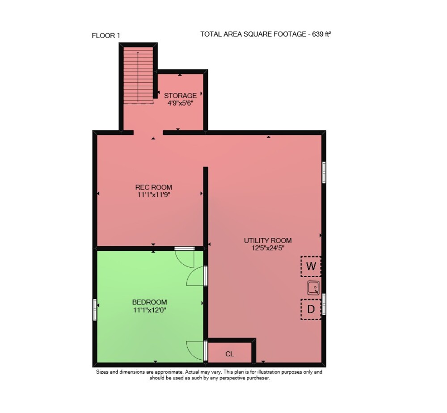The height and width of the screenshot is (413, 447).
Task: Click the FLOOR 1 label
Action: click(106, 36)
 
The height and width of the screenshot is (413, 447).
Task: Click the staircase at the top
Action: click(138, 75)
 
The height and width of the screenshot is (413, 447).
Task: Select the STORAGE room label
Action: click(180, 96)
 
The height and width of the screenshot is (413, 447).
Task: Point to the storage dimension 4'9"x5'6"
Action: click(181, 103)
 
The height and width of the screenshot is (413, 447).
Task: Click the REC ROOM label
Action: click(154, 187)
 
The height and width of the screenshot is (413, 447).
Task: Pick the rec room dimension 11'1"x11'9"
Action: click(154, 195)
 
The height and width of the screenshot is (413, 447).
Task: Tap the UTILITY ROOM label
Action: click(268, 240)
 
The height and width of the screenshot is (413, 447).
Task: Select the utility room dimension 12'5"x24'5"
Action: click(268, 248)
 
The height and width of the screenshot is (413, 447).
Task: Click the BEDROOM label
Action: click(149, 302)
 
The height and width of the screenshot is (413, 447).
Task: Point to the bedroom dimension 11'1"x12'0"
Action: click(150, 310)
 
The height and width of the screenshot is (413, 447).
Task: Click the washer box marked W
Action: click(311, 266)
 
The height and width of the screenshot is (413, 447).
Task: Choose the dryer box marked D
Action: click(311, 309)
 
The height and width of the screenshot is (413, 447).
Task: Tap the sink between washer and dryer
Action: click(313, 287)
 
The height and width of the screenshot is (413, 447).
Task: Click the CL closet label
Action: click(230, 354)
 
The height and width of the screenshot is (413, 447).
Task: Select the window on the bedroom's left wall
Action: click(94, 310)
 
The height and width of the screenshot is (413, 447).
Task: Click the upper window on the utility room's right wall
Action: click(324, 172)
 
